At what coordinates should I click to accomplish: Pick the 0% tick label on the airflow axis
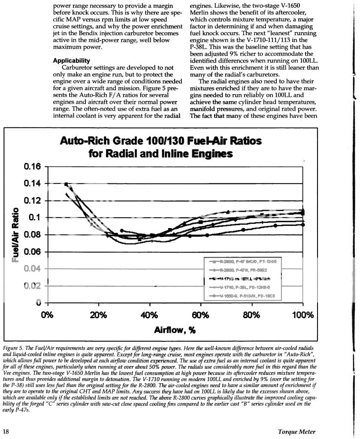click(x=47, y=316)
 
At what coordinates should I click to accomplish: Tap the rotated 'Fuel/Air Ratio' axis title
click(x=16, y=235)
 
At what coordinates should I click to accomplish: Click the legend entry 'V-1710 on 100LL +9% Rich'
click(x=246, y=279)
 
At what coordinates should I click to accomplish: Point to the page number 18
click(x=6, y=431)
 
